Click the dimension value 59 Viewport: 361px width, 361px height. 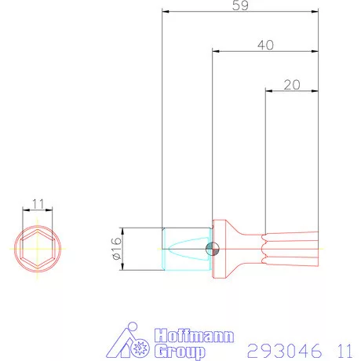[x=240, y=5]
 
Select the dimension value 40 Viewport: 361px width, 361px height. [x=265, y=46]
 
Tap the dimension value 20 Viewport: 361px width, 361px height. [x=292, y=86]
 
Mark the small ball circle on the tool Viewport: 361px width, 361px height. [x=211, y=249]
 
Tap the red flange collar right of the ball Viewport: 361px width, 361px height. [x=223, y=249]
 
